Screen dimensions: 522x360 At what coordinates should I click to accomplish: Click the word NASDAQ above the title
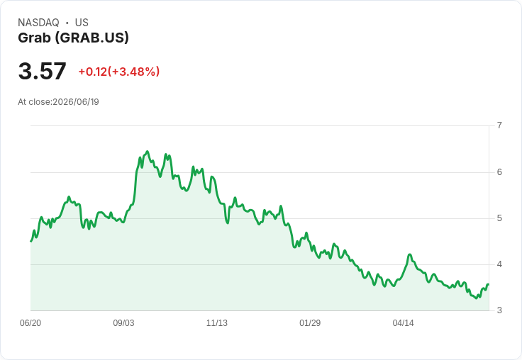pyautogui.click(x=38, y=23)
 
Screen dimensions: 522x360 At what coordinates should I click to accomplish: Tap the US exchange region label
pyautogui.click(x=82, y=23)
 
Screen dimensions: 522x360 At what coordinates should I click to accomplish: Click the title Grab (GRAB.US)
pyautogui.click(x=73, y=38)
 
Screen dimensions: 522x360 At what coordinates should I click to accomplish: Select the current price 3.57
pyautogui.click(x=43, y=71)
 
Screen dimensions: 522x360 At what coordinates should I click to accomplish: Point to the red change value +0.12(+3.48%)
pyautogui.click(x=119, y=72)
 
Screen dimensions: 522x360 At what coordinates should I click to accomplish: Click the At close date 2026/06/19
pyautogui.click(x=76, y=102)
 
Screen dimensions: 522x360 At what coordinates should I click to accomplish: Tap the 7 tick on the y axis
pyautogui.click(x=499, y=125)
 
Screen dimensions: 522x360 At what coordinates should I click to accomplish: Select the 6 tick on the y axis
pyautogui.click(x=499, y=172)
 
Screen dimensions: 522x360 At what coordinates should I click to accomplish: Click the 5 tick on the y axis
pyautogui.click(x=499, y=218)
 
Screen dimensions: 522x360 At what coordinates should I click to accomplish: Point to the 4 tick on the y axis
pyautogui.click(x=499, y=264)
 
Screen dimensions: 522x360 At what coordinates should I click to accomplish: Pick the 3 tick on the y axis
pyautogui.click(x=499, y=310)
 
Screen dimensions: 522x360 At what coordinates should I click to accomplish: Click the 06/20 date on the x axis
pyautogui.click(x=30, y=323)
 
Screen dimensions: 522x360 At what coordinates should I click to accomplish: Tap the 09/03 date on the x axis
pyautogui.click(x=123, y=323)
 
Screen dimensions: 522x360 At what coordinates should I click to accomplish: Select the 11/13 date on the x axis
pyautogui.click(x=217, y=323)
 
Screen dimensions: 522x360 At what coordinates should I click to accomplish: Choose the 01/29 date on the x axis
pyautogui.click(x=310, y=323)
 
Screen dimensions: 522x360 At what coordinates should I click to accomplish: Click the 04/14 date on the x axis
pyautogui.click(x=403, y=323)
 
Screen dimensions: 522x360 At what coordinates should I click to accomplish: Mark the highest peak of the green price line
pyautogui.click(x=148, y=152)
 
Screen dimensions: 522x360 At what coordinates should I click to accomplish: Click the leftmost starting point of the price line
pyautogui.click(x=31, y=241)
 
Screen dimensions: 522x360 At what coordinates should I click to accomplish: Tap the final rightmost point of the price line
pyautogui.click(x=489, y=284)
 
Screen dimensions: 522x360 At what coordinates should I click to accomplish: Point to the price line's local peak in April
pyautogui.click(x=410, y=254)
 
